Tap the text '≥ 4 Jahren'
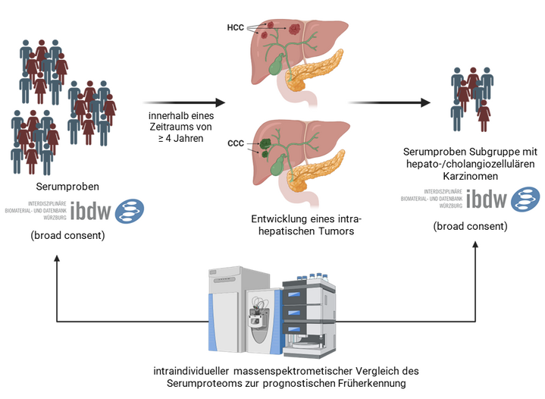point(176,140)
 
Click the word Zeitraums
point(158,127)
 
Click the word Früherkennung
point(372,384)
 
